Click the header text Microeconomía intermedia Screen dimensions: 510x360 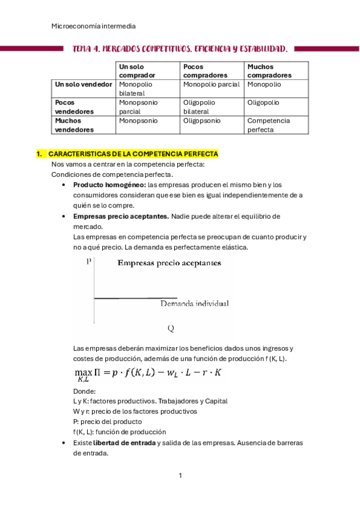(94, 26)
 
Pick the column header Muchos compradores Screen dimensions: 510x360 (269, 71)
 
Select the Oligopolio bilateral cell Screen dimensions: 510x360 (199, 107)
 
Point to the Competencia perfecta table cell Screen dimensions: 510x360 (268, 125)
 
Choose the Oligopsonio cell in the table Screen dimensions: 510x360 (201, 121)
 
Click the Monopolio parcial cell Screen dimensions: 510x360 (211, 85)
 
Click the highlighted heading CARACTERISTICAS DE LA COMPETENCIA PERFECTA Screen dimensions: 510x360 (133, 155)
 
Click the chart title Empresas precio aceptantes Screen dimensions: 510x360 (168, 262)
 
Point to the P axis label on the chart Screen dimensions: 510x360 (89, 262)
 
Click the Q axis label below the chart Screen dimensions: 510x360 (171, 328)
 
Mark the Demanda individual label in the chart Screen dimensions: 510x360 (194, 304)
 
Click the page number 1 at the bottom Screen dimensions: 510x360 (180, 476)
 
